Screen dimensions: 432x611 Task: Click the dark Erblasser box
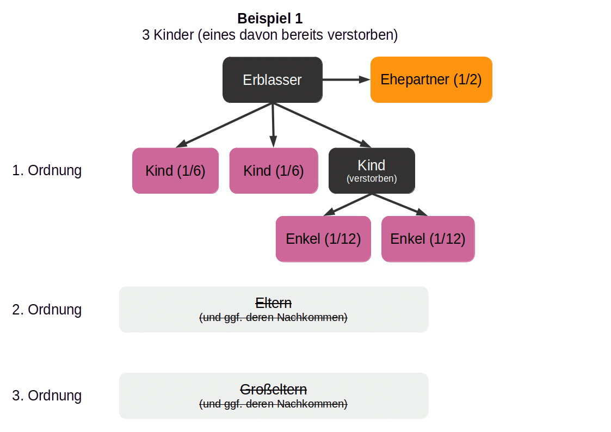[x=272, y=80]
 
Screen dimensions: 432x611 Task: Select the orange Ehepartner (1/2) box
[x=431, y=80]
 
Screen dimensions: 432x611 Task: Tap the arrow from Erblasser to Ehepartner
[x=346, y=80]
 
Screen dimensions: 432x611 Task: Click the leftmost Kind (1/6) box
[x=175, y=171]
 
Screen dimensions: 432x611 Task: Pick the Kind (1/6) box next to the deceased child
[x=273, y=171]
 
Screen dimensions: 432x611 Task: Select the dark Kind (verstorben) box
[x=372, y=170]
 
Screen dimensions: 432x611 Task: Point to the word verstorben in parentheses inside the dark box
[x=372, y=178]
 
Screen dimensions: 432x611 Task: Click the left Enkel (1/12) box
[x=323, y=239]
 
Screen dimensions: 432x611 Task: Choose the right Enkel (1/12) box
[x=428, y=239]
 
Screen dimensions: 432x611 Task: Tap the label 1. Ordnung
[x=47, y=171]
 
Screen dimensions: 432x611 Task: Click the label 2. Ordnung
[x=47, y=310]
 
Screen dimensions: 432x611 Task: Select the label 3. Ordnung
[x=47, y=396]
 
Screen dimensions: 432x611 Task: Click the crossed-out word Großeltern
[x=274, y=390]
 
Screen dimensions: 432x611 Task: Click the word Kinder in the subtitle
[x=174, y=35]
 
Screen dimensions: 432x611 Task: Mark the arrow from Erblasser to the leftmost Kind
[x=223, y=126]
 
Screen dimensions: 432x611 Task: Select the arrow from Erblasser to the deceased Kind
[x=324, y=126]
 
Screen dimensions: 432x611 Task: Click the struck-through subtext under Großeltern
[x=274, y=404]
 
